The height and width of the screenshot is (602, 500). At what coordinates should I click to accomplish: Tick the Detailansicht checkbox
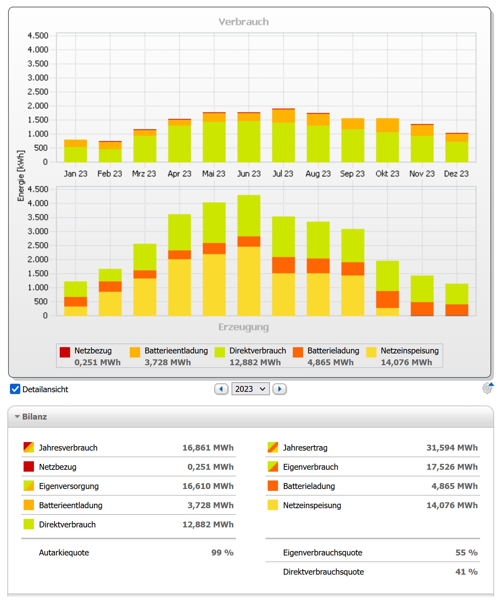[15, 389]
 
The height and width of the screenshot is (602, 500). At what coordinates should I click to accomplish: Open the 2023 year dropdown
[250, 389]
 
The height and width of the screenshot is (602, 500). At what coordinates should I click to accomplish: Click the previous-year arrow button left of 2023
[221, 389]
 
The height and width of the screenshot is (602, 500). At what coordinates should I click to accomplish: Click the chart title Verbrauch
[243, 22]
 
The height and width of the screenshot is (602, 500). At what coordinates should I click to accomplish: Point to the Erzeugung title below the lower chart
[243, 327]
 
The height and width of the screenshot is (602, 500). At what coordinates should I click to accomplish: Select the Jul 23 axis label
[283, 174]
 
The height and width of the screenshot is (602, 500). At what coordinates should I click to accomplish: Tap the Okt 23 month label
[387, 174]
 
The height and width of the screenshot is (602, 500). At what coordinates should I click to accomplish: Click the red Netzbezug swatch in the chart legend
[65, 352]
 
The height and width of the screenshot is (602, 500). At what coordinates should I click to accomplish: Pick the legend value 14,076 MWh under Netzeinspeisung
[406, 362]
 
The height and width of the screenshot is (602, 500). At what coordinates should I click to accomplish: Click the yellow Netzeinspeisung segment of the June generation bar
[249, 281]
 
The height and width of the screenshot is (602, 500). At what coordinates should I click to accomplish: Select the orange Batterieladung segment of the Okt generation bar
[388, 299]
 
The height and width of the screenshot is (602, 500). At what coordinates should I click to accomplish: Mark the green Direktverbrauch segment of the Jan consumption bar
[76, 154]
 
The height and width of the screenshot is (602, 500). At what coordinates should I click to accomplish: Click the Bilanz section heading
[34, 417]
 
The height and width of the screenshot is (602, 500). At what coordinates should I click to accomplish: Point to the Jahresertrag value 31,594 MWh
[452, 448]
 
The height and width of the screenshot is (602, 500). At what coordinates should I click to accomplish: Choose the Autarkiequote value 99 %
[222, 553]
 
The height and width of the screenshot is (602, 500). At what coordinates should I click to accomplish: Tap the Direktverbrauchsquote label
[323, 572]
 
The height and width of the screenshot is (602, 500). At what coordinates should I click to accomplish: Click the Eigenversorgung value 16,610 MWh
[208, 486]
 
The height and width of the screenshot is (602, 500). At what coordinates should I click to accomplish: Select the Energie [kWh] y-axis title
[21, 175]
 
